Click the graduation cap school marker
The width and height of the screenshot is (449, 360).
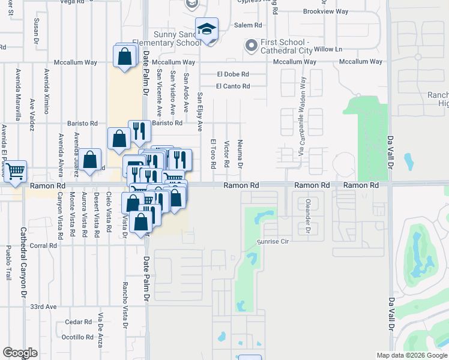coord(206,30)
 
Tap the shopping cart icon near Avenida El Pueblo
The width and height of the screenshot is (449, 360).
coord(16,171)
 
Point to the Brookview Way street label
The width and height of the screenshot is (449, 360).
coord(325,11)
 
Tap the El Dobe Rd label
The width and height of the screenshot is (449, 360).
coord(233,74)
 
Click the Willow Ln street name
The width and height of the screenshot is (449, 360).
coord(328,49)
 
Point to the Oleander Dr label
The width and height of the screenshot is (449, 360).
coord(307,216)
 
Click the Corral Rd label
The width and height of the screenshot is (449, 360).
coord(43,245)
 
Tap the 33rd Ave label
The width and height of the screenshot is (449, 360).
coord(43,306)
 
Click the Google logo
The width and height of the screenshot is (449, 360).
coord(20,353)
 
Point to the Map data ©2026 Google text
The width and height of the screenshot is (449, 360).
coord(411,355)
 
